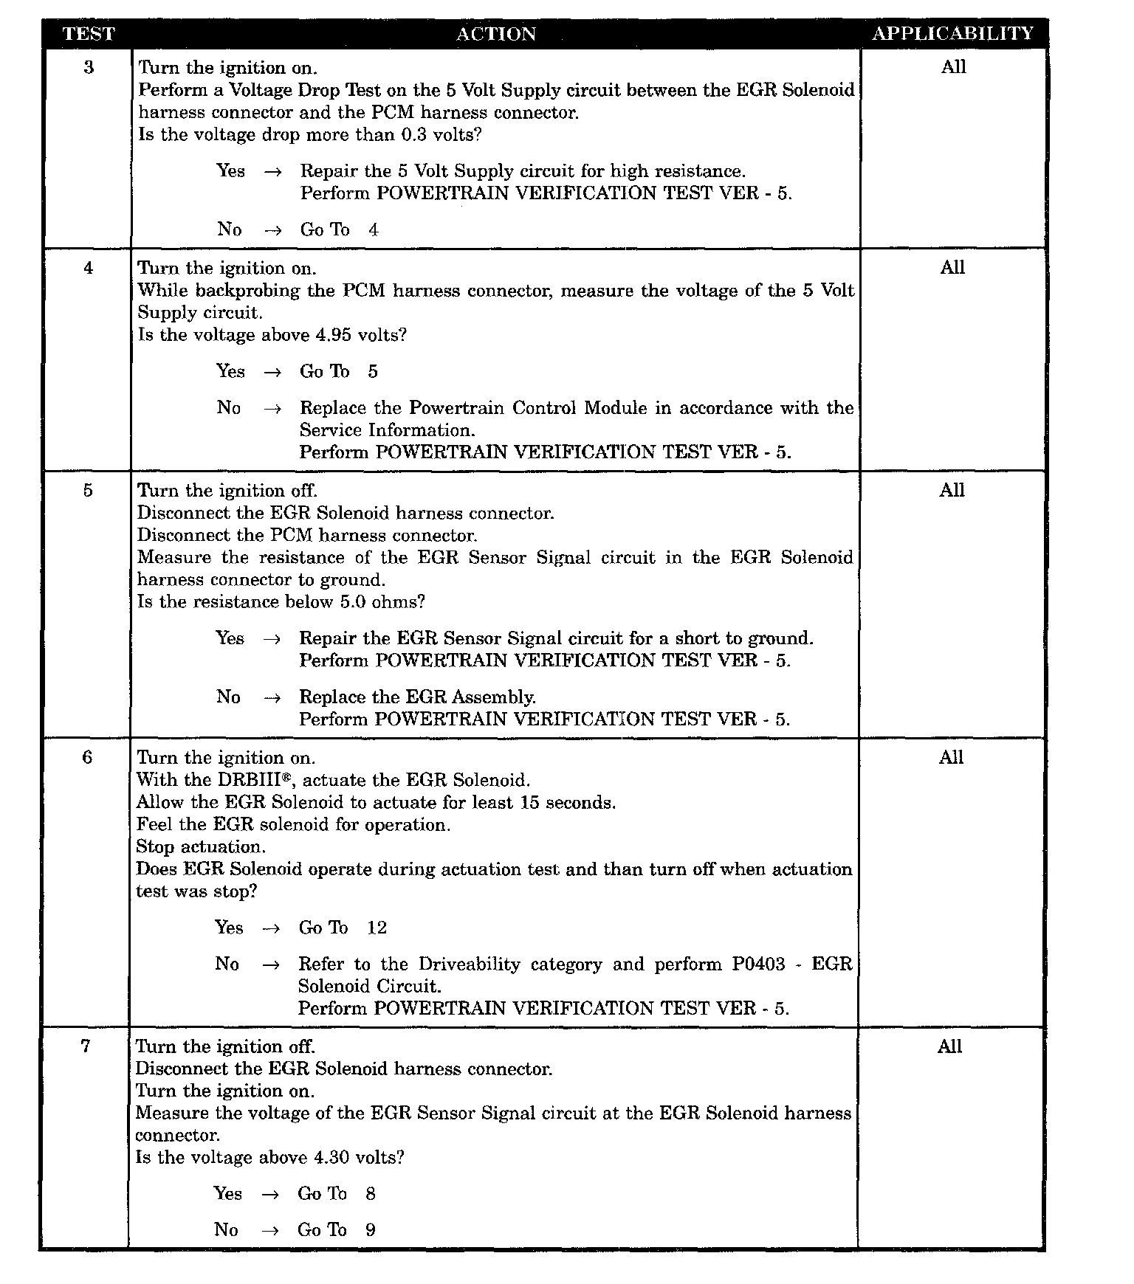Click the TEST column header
click(x=89, y=34)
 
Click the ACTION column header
click(x=495, y=34)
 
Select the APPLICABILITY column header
click(x=952, y=34)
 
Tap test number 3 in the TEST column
click(x=89, y=68)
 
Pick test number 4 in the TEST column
click(x=89, y=268)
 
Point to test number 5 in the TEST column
click(x=88, y=491)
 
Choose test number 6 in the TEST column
click(x=87, y=758)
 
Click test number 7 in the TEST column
click(x=86, y=1046)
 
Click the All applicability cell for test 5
click(x=952, y=491)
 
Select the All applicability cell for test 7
click(x=949, y=1046)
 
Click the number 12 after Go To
click(x=377, y=928)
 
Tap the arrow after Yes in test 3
click(x=272, y=172)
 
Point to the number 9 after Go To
click(x=371, y=1230)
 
